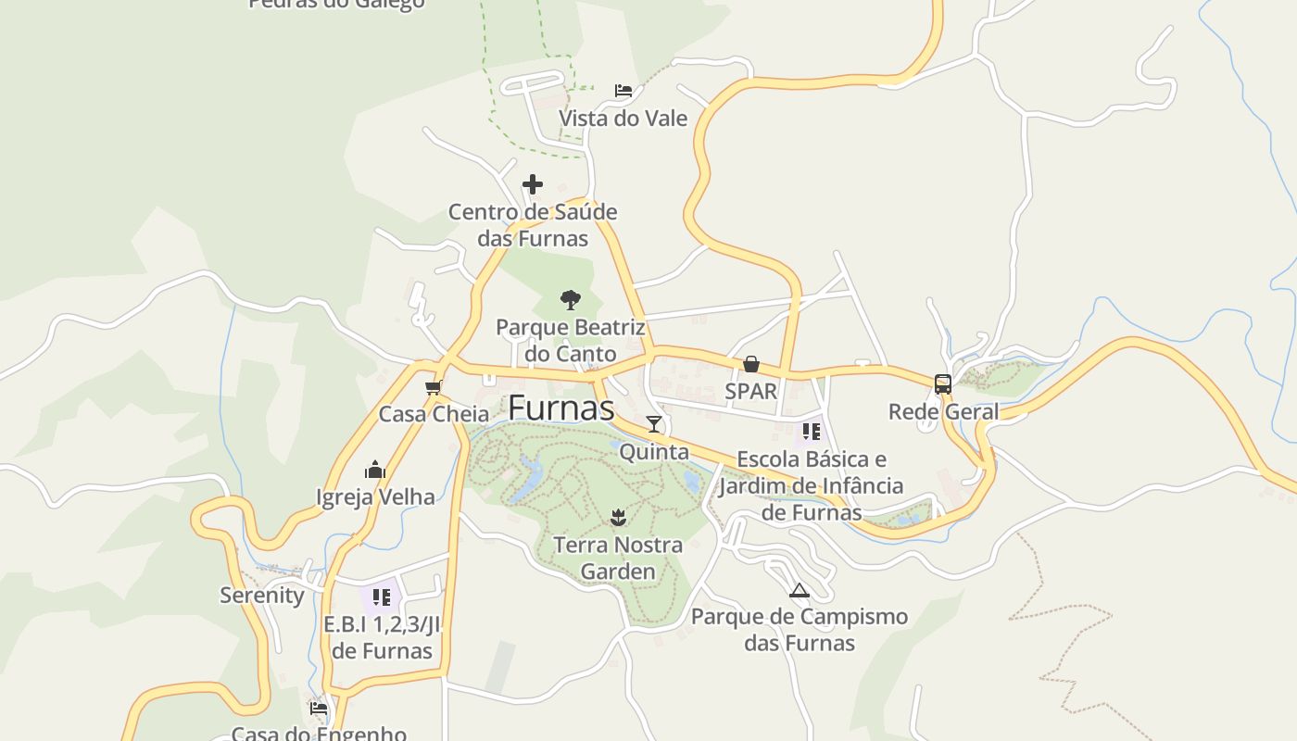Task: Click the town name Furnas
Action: [560, 408]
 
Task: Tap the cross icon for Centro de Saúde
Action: [532, 184]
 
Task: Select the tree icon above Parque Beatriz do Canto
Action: [570, 299]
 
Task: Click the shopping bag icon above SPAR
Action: [751, 364]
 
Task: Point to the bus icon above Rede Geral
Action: [943, 383]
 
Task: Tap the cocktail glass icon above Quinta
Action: [654, 424]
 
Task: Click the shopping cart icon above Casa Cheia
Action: [433, 387]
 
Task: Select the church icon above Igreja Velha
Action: [375, 470]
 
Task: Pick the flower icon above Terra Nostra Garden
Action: [619, 517]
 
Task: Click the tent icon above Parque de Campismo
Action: [799, 590]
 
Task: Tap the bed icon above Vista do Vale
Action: [623, 91]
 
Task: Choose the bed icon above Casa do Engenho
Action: [319, 709]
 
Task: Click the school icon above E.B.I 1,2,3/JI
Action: [381, 597]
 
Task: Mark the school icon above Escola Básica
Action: [812, 432]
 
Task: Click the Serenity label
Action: [262, 596]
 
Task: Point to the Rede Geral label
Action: [943, 411]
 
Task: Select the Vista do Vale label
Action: [623, 119]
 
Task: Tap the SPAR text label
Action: [751, 391]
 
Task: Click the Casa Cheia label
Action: [434, 414]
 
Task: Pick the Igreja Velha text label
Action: [375, 497]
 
